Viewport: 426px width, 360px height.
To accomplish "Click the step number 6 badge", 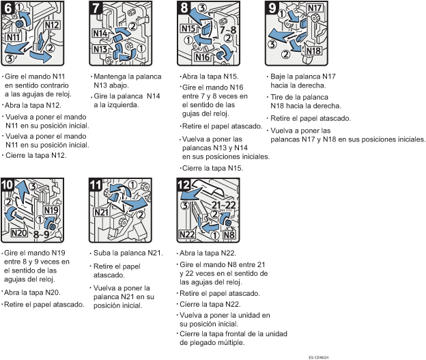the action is point(8,8).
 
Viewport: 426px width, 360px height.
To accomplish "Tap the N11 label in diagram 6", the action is point(14,37).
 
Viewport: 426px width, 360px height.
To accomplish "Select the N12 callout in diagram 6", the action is point(52,25).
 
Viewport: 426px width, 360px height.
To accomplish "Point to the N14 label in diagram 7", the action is point(100,33).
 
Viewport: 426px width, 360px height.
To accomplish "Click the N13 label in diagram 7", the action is point(100,49).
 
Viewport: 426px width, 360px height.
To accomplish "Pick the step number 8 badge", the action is point(184,8).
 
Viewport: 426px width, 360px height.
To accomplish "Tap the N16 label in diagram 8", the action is point(203,57).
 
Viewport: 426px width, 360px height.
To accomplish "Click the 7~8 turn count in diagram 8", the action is point(227,29).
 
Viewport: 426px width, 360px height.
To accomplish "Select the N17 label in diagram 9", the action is point(315,8).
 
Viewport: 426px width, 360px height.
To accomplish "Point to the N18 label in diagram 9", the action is point(313,51).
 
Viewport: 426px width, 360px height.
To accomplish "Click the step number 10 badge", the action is point(7,185).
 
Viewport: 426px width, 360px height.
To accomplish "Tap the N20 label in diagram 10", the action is point(19,232).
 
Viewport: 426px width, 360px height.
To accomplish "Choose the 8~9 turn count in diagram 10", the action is point(41,234).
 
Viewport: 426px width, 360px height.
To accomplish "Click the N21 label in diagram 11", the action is point(101,212).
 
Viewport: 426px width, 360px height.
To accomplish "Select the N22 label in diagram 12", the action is point(187,234).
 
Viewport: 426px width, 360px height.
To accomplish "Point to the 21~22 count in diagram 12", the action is point(224,205).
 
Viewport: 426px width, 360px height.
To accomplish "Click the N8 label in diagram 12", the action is point(229,234).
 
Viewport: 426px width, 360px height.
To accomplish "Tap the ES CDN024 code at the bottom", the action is point(319,357).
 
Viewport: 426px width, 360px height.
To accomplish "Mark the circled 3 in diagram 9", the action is point(272,44).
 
